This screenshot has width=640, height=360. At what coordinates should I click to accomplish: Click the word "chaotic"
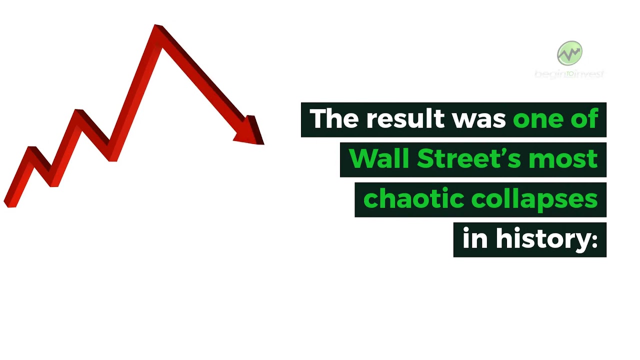(x=412, y=199)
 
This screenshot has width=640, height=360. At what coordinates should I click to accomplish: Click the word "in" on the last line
(x=474, y=239)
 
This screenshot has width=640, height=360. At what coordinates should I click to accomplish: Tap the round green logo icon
(x=569, y=53)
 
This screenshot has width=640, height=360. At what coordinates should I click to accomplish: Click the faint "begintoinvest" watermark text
(x=569, y=74)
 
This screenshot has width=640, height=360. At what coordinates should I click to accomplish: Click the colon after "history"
(x=594, y=241)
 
